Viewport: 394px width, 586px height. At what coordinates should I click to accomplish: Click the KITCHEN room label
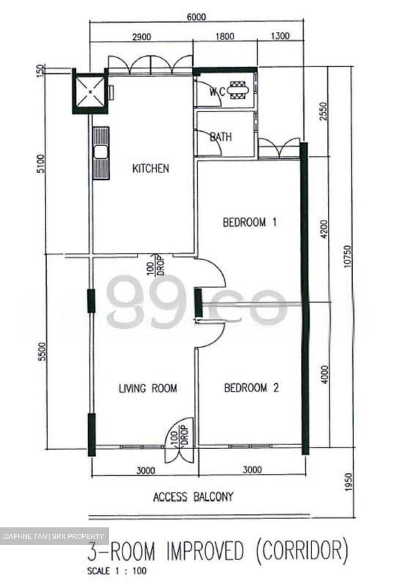click(x=151, y=168)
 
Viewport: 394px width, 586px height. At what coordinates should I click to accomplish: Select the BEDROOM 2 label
click(x=251, y=388)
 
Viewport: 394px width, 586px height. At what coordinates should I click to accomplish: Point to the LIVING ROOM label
click(x=148, y=388)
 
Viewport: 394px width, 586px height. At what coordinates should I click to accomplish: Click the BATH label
click(x=221, y=137)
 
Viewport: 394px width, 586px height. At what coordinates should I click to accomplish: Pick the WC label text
click(x=217, y=92)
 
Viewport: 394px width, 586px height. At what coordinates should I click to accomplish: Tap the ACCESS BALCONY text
click(x=193, y=497)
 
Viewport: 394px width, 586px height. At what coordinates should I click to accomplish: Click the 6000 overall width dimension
click(x=197, y=17)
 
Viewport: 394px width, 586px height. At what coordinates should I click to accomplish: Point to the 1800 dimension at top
click(x=225, y=37)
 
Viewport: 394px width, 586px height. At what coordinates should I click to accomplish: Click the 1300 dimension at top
click(x=280, y=36)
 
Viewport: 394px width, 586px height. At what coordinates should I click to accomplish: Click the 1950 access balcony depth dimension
click(x=347, y=483)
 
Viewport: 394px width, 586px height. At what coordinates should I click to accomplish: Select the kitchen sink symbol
click(x=100, y=153)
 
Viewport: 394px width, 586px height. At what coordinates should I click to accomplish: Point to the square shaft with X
click(x=89, y=91)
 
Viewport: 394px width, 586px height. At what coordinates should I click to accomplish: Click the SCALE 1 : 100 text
click(x=117, y=571)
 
